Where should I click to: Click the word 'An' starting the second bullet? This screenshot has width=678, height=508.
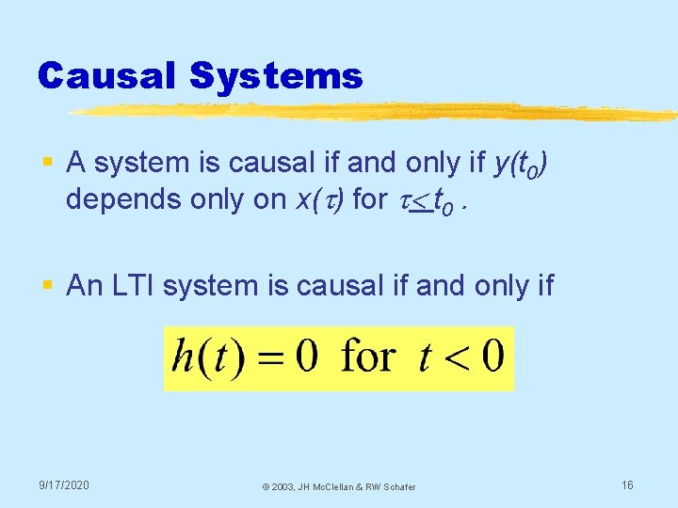pos(85,286)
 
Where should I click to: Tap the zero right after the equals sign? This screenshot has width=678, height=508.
pos(308,357)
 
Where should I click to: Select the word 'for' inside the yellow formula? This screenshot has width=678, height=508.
pos(367,357)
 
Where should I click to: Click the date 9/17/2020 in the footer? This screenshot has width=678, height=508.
pos(64,484)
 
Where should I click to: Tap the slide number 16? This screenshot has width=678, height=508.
pos(626,484)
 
